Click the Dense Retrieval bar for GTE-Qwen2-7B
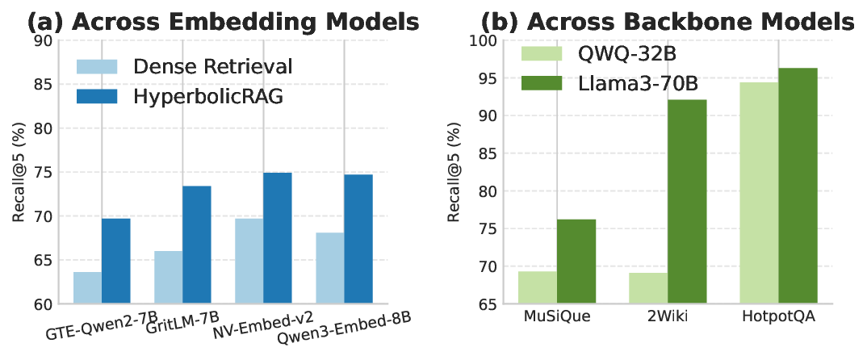click(87, 288)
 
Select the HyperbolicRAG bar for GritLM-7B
click(196, 245)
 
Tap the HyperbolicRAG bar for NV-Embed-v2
click(277, 238)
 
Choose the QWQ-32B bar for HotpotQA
click(760, 193)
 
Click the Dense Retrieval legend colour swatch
click(97, 65)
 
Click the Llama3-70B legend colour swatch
click(546, 82)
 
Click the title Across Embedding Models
click(223, 20)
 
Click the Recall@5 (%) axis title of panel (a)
click(19, 173)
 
